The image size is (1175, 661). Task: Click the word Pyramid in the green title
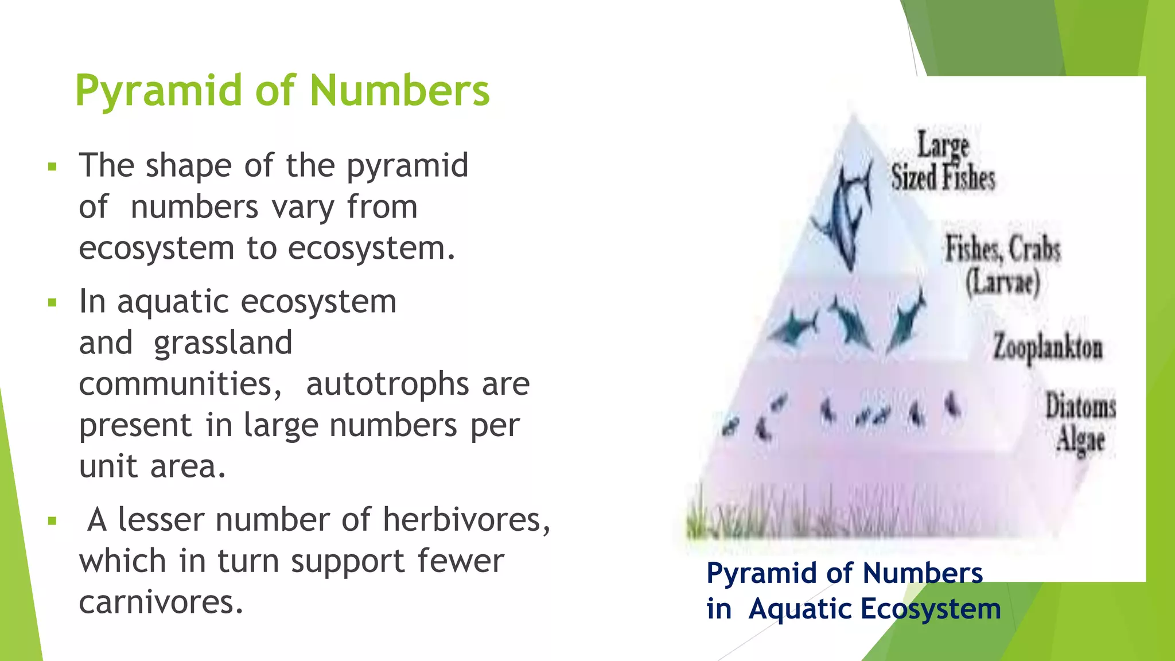159,92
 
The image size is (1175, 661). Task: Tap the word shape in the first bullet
188,166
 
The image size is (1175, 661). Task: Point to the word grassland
223,343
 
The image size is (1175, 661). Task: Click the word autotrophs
387,384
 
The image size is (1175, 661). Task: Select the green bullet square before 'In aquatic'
53,302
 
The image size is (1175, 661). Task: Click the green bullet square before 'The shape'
53,167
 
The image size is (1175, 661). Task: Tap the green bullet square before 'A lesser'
53,521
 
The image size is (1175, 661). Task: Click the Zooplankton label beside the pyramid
1048,348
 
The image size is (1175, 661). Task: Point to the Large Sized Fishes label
943,161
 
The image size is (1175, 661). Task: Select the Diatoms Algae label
1080,423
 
